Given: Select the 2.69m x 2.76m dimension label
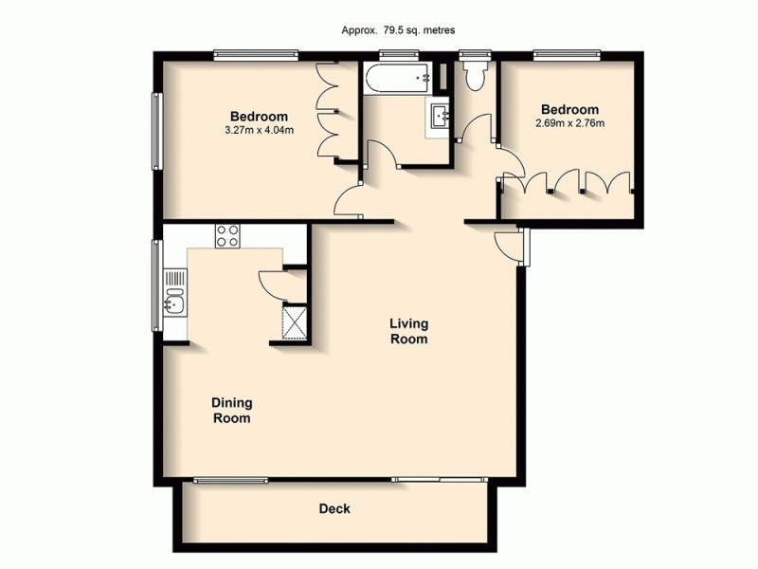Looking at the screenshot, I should click(570, 123).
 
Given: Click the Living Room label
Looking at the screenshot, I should click(409, 332).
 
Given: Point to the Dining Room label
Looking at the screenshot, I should click(231, 410).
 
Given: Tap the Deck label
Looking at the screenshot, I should click(334, 509).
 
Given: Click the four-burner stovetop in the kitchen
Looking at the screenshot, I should click(226, 235).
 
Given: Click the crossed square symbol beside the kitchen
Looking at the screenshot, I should click(294, 321).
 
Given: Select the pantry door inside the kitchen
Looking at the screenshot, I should click(271, 282).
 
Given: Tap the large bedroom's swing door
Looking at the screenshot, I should click(348, 201).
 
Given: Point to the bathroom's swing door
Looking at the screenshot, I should click(380, 156).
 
